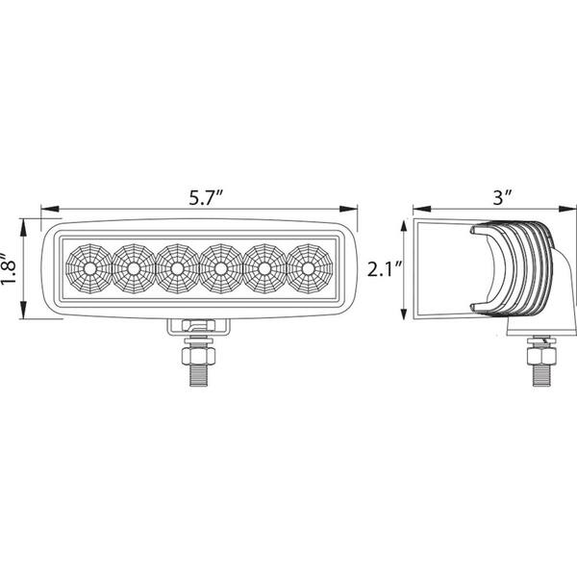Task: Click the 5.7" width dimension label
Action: [x=206, y=198]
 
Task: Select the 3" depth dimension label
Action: [x=501, y=198]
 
